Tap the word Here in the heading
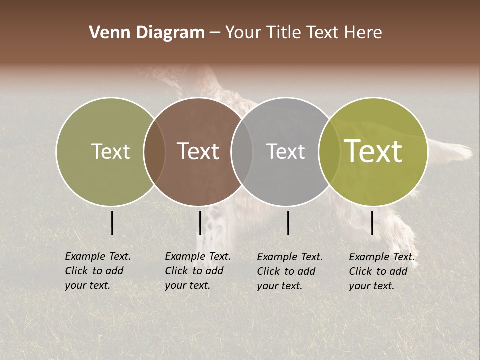[x=363, y=33]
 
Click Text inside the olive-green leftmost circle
[x=110, y=151]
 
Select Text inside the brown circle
[x=198, y=151]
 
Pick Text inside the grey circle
[x=285, y=151]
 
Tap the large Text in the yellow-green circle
[x=373, y=151]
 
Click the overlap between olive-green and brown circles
[x=154, y=151]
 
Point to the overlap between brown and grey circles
[x=242, y=151]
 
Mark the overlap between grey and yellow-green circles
[x=329, y=151]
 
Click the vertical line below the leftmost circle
[x=112, y=223]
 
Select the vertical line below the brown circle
[x=200, y=223]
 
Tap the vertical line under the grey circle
[x=288, y=223]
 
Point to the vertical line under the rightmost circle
[x=372, y=223]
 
